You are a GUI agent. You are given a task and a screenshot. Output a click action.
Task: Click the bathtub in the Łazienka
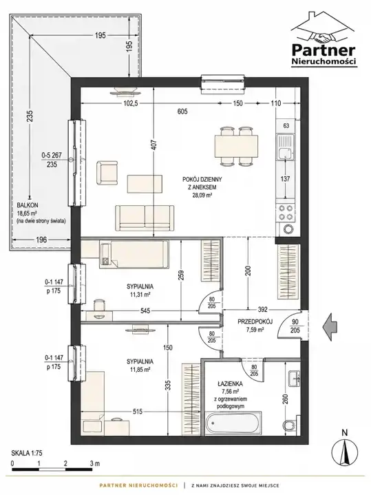[x=233, y=423]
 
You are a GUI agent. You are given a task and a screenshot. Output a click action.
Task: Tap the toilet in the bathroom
[x=290, y=425]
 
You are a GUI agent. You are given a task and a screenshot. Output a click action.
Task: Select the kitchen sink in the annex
[x=285, y=147]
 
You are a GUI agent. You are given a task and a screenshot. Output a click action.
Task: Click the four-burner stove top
[x=286, y=213]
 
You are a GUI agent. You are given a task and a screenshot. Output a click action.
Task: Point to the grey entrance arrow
[x=330, y=327]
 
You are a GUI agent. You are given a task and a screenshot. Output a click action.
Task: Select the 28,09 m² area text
[x=202, y=195]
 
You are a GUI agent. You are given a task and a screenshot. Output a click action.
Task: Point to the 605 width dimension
[x=182, y=111]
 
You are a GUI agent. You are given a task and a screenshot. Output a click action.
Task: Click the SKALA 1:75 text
[x=27, y=453]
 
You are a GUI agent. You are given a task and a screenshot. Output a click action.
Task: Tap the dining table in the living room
[x=236, y=146]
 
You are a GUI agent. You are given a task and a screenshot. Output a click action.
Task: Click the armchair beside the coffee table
[x=107, y=173]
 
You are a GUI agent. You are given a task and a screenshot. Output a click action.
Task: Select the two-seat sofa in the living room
[x=145, y=218]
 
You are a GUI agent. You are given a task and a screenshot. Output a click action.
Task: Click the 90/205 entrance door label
[x=295, y=326]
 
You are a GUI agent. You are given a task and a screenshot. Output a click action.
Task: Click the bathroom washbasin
[x=293, y=378]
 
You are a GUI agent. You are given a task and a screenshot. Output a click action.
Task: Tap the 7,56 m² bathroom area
[x=230, y=392]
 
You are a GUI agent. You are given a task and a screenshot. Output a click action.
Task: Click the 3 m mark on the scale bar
[x=95, y=463]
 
